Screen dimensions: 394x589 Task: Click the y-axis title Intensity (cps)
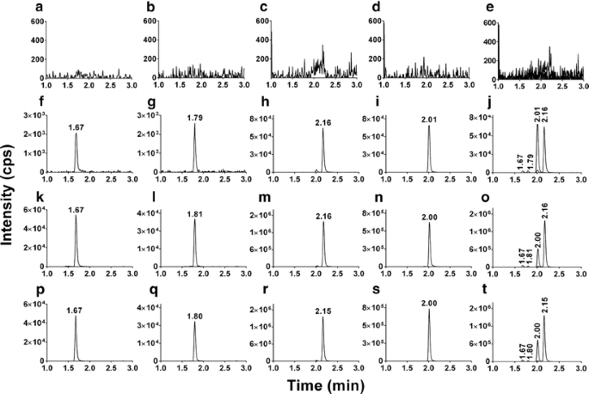10,195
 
